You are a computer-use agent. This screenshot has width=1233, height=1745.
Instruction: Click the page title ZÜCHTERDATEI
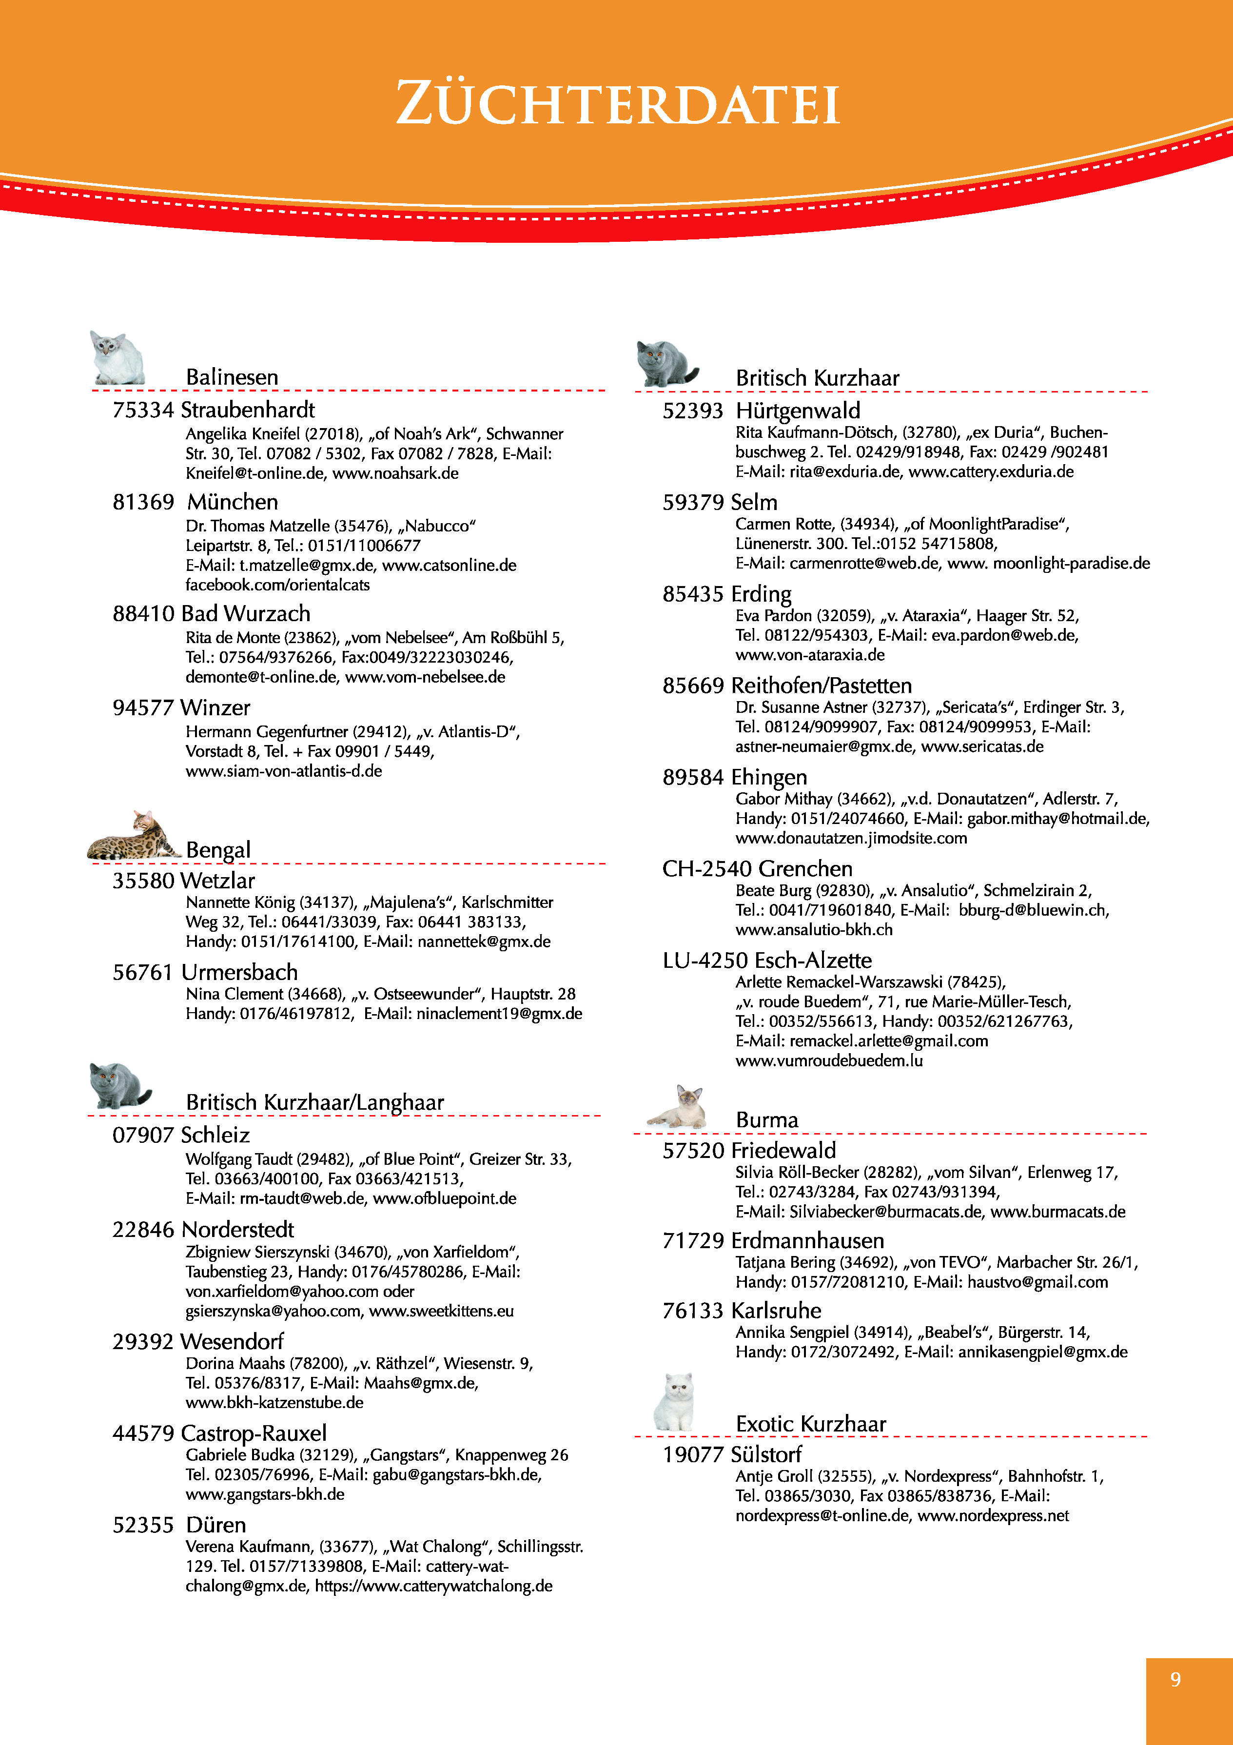(616, 103)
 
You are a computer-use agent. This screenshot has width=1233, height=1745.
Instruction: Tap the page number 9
(1175, 1679)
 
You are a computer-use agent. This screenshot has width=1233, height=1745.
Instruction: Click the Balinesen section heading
(232, 377)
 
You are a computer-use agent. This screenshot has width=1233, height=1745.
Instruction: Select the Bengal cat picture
(133, 836)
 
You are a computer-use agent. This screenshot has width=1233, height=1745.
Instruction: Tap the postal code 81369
(144, 502)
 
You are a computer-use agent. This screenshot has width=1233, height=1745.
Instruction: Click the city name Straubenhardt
(248, 411)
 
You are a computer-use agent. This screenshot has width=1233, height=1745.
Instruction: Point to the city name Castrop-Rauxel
(254, 1433)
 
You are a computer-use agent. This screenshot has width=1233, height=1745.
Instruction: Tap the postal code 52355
(144, 1526)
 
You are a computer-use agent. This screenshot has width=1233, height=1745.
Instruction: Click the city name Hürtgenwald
(798, 411)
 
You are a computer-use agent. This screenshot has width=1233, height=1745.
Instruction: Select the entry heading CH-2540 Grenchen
(757, 869)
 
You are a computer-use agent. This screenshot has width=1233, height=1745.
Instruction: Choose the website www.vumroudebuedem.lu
(829, 1060)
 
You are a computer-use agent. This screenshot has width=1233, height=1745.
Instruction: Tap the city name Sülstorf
(766, 1455)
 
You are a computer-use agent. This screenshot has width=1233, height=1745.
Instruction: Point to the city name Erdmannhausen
(807, 1241)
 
